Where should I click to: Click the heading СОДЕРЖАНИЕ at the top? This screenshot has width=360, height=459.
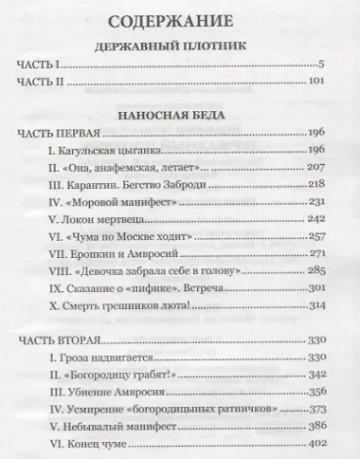click(179, 20)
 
